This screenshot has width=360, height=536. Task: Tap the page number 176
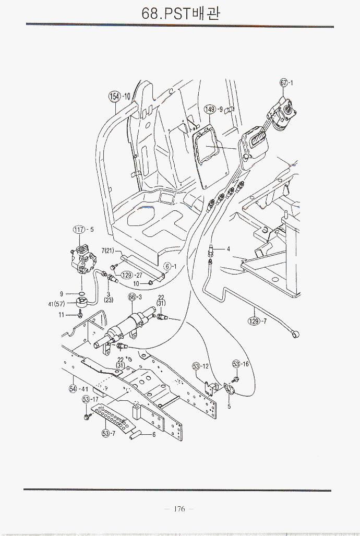pyautogui.click(x=179, y=509)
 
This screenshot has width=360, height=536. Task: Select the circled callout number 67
pyautogui.click(x=284, y=82)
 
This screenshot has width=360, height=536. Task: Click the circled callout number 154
pyautogui.click(x=114, y=96)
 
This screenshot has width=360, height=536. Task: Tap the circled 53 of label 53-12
pyautogui.click(x=197, y=366)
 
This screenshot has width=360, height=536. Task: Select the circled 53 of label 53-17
pyautogui.click(x=86, y=399)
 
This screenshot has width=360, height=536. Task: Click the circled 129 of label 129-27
pyautogui.click(x=127, y=275)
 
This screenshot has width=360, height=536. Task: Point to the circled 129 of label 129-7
pyautogui.click(x=254, y=321)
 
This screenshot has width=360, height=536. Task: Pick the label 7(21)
pyautogui.click(x=107, y=251)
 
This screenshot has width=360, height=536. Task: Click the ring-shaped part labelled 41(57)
pyautogui.click(x=81, y=302)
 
